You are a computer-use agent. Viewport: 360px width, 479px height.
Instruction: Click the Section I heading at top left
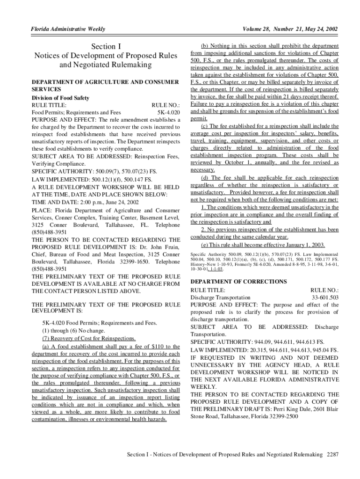tap(105, 46)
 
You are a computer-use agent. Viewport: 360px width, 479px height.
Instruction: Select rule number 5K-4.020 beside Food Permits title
tap(167, 113)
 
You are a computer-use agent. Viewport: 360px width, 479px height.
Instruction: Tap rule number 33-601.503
tap(325, 298)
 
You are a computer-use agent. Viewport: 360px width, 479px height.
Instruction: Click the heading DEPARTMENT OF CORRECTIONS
tap(238, 282)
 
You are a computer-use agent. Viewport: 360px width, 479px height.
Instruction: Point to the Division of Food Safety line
tap(60, 98)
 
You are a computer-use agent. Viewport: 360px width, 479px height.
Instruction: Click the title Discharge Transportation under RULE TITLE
tap(220, 298)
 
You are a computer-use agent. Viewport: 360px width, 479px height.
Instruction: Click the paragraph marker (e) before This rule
tap(205, 245)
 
